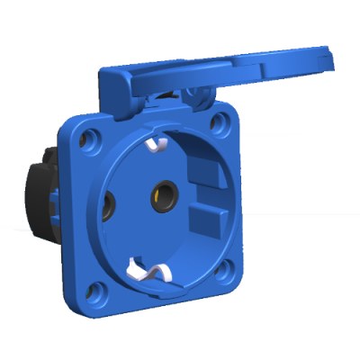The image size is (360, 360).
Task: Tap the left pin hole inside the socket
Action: pos(110,202)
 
